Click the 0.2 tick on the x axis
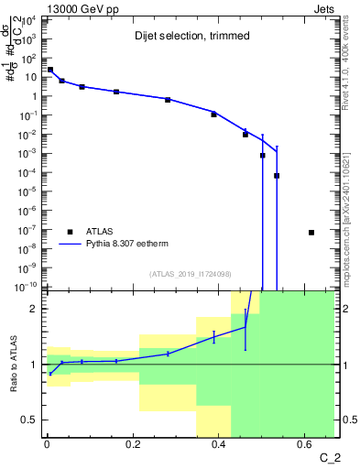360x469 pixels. [133, 444]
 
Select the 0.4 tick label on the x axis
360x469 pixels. [219, 444]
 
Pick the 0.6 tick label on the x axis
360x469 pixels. [305, 444]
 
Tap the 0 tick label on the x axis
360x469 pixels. [47, 444]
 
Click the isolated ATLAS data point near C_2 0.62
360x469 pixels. [311, 232]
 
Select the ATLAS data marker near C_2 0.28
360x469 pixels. [168, 99]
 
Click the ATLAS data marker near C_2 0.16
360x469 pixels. [116, 92]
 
